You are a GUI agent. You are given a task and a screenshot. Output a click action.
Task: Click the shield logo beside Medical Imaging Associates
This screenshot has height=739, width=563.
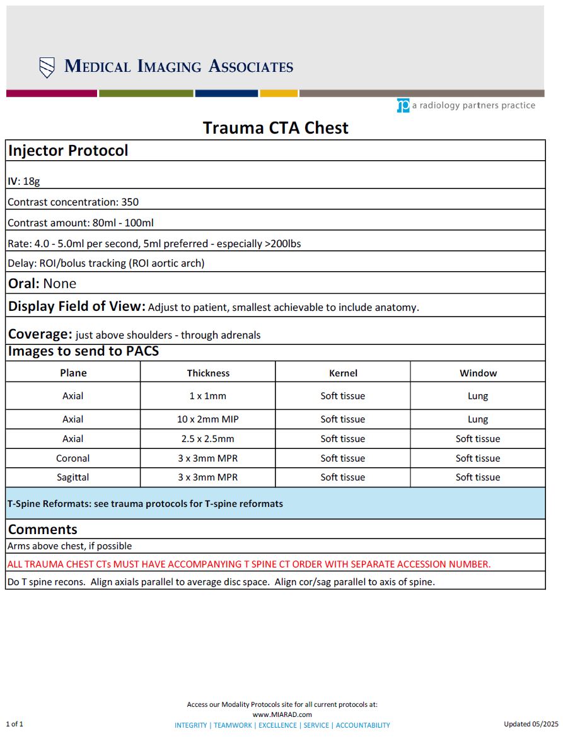(47, 67)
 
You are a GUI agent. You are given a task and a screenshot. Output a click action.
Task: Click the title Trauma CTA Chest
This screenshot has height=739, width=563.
(276, 128)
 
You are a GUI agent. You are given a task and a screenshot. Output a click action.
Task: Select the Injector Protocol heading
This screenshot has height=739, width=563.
(68, 151)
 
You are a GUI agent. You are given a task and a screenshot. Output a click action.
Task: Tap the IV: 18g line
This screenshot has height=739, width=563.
(24, 181)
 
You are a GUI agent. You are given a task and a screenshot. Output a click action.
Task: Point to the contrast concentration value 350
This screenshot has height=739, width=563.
(130, 202)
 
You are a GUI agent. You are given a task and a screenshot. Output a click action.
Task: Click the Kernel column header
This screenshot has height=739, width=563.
(343, 373)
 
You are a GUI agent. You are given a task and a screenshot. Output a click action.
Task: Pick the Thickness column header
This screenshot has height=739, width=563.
(208, 373)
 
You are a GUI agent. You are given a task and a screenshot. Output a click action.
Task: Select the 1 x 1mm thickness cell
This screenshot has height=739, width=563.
(208, 396)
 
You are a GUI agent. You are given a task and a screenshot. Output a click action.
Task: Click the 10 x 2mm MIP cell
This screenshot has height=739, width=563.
(208, 419)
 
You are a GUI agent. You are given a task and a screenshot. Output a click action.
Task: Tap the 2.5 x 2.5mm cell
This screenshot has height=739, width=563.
(208, 439)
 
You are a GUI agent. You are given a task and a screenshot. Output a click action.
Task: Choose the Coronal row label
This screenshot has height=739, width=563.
(73, 458)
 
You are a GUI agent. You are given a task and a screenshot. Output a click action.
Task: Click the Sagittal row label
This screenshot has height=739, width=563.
(73, 477)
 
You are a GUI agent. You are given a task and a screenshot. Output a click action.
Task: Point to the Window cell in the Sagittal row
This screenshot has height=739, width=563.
(477, 477)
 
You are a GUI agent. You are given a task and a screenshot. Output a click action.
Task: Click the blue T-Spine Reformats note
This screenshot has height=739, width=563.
(145, 504)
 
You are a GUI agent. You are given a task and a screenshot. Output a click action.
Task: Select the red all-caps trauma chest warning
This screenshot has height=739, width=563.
(248, 564)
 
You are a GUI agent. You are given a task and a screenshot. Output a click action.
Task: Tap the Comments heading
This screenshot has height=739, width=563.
(43, 530)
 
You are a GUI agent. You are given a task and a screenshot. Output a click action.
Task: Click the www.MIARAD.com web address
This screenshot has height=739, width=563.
(282, 714)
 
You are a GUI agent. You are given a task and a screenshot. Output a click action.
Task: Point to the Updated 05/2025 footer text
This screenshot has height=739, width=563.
(531, 724)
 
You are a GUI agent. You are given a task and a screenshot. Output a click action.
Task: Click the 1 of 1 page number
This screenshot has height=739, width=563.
(15, 724)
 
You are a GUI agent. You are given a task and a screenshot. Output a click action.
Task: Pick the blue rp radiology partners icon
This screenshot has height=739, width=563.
(403, 106)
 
